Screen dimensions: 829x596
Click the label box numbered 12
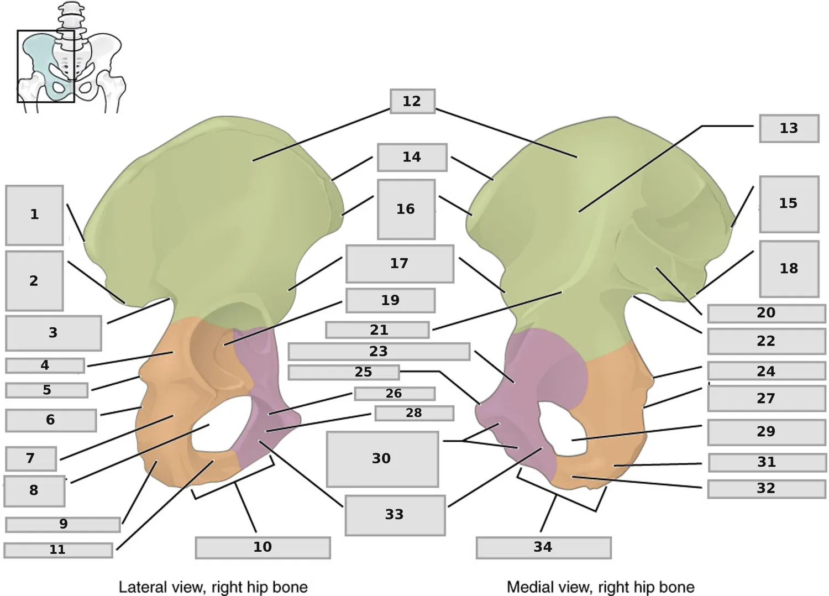(413, 101)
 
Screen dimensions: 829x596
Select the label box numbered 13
(789, 128)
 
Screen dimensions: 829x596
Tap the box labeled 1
(34, 215)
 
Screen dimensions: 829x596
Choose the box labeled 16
(406, 210)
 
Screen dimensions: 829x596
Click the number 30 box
(382, 459)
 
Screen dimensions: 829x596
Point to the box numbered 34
(544, 547)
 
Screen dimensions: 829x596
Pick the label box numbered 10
(263, 547)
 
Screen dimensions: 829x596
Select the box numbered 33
(395, 515)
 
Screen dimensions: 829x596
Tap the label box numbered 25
(344, 373)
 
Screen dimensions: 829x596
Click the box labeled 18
(789, 269)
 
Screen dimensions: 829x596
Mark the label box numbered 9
(63, 525)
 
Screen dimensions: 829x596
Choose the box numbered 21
(377, 330)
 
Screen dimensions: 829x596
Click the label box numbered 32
(766, 489)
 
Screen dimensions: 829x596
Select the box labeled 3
(53, 333)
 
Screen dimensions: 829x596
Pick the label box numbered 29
(766, 432)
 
